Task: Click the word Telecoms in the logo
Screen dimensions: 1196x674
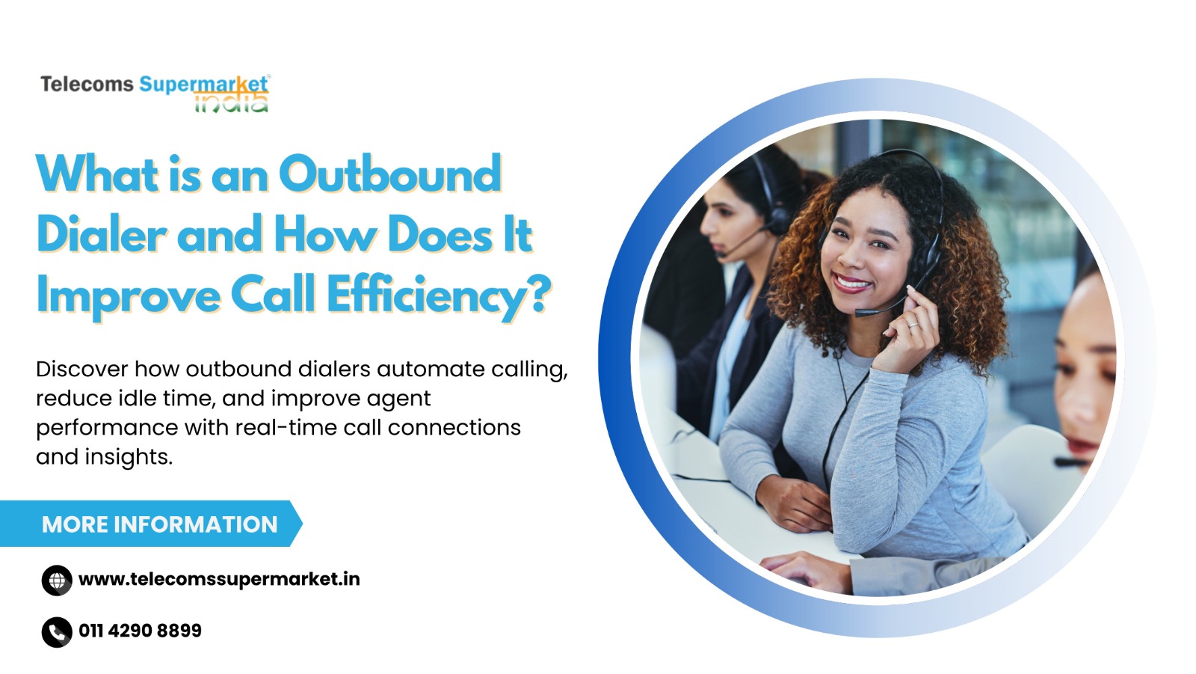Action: point(87,85)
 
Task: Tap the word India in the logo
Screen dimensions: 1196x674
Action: point(231,102)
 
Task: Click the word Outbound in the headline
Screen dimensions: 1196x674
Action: point(390,174)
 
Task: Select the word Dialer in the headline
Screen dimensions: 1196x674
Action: point(102,234)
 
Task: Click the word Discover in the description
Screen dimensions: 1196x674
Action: point(82,370)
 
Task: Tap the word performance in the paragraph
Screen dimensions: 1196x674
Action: point(108,429)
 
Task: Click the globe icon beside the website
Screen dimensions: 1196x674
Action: point(57,580)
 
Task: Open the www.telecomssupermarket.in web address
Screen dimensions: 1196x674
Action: point(219,580)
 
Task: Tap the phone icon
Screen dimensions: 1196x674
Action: point(57,632)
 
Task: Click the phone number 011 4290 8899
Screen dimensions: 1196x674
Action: point(140,631)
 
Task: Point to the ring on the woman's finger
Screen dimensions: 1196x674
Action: point(913,325)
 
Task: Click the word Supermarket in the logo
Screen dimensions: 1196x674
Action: point(203,85)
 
